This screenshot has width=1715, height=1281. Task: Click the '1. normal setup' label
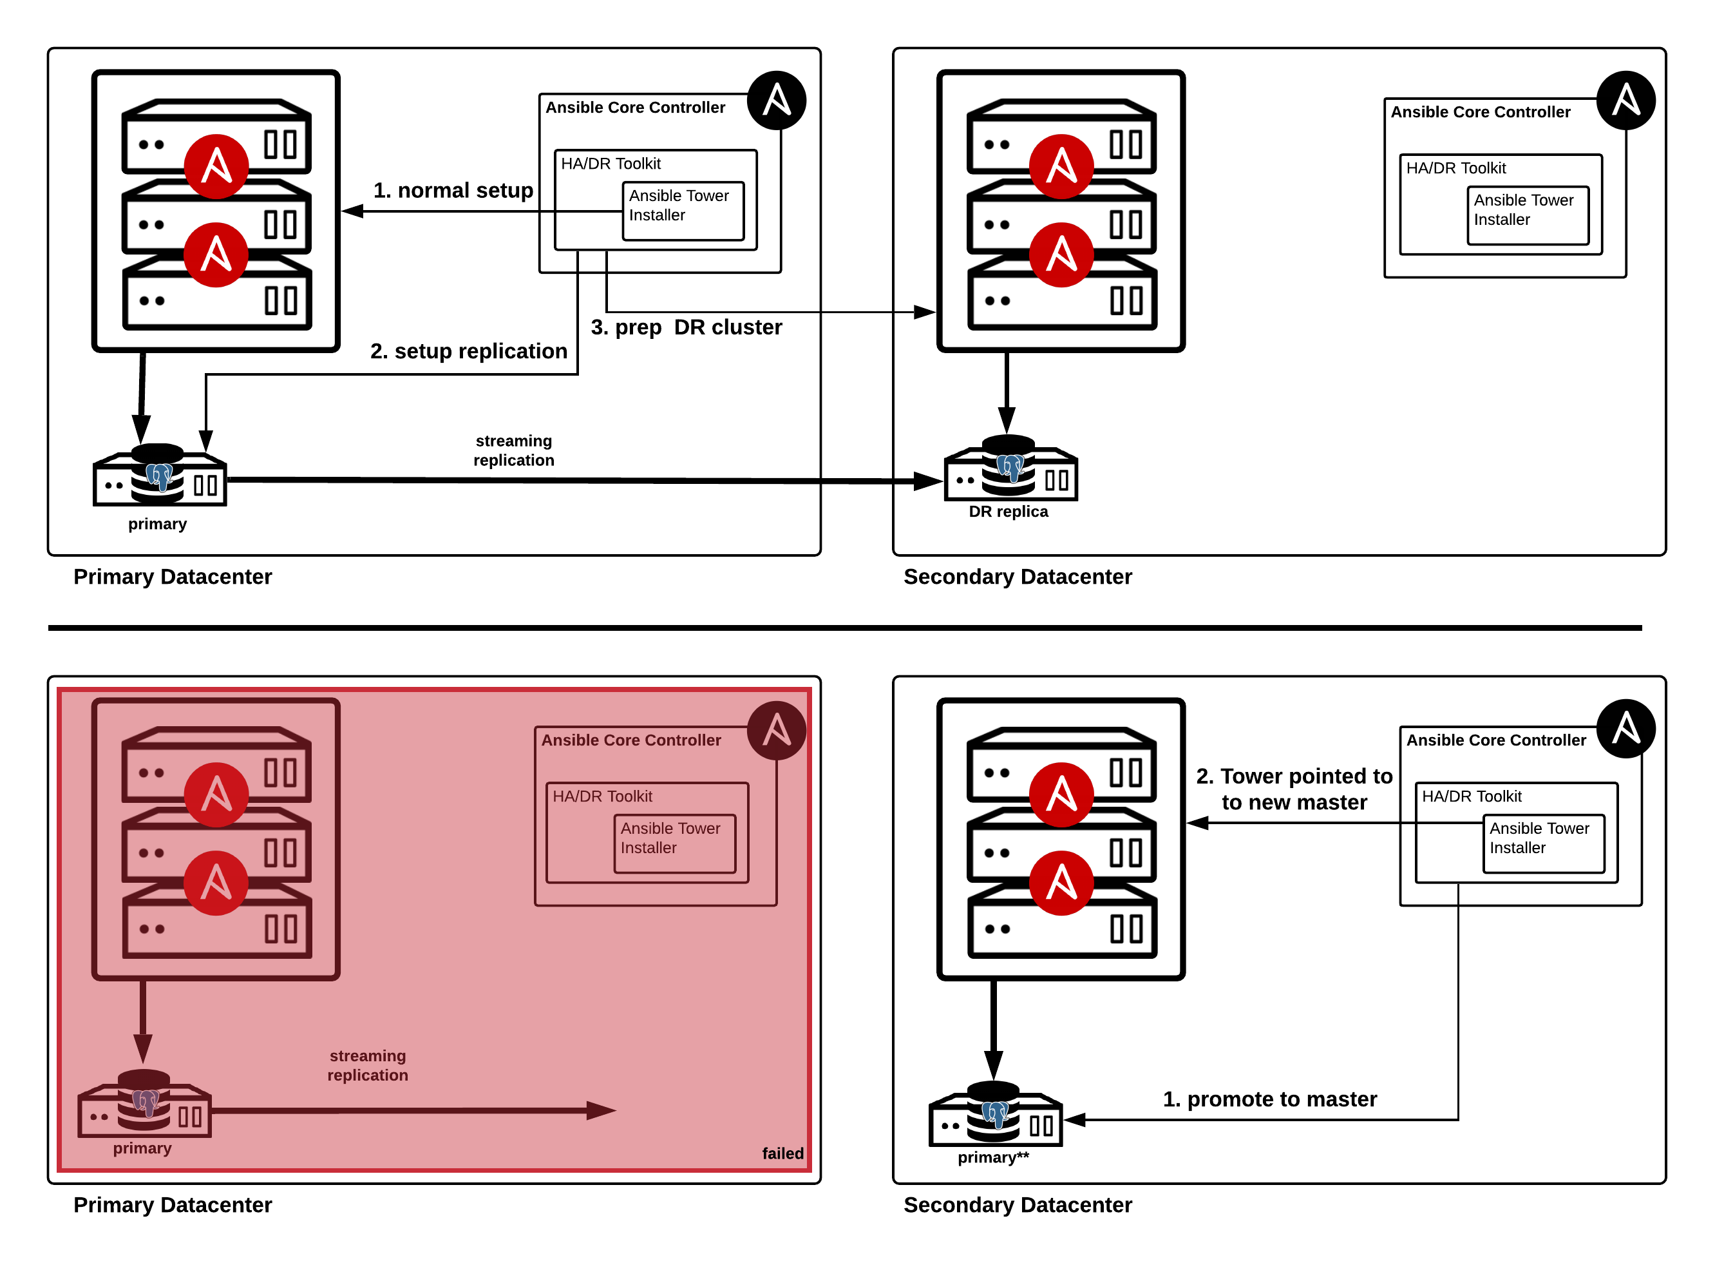(453, 190)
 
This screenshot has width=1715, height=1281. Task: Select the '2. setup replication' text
(468, 351)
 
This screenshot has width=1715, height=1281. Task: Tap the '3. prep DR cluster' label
(686, 327)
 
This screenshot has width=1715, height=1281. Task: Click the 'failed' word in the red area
(782, 1153)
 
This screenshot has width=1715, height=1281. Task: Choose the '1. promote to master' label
(1269, 1099)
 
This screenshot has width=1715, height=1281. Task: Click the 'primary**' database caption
(992, 1157)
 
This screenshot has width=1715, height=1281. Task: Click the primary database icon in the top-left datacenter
(160, 474)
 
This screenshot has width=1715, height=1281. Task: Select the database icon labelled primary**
(995, 1113)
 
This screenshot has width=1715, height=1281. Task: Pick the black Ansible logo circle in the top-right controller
(1626, 100)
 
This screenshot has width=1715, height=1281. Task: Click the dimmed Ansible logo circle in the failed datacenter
(777, 731)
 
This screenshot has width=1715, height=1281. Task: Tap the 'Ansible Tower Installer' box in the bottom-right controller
(1543, 843)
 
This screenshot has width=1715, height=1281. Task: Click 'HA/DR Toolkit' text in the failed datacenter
(602, 796)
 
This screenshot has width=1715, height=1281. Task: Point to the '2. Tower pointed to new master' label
(1294, 789)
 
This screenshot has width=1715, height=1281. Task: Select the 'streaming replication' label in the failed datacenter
(367, 1064)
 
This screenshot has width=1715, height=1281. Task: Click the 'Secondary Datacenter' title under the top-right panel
(1018, 577)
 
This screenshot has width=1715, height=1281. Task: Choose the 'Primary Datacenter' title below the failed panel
(172, 1205)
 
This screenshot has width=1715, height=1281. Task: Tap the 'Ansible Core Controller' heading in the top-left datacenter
(635, 107)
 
